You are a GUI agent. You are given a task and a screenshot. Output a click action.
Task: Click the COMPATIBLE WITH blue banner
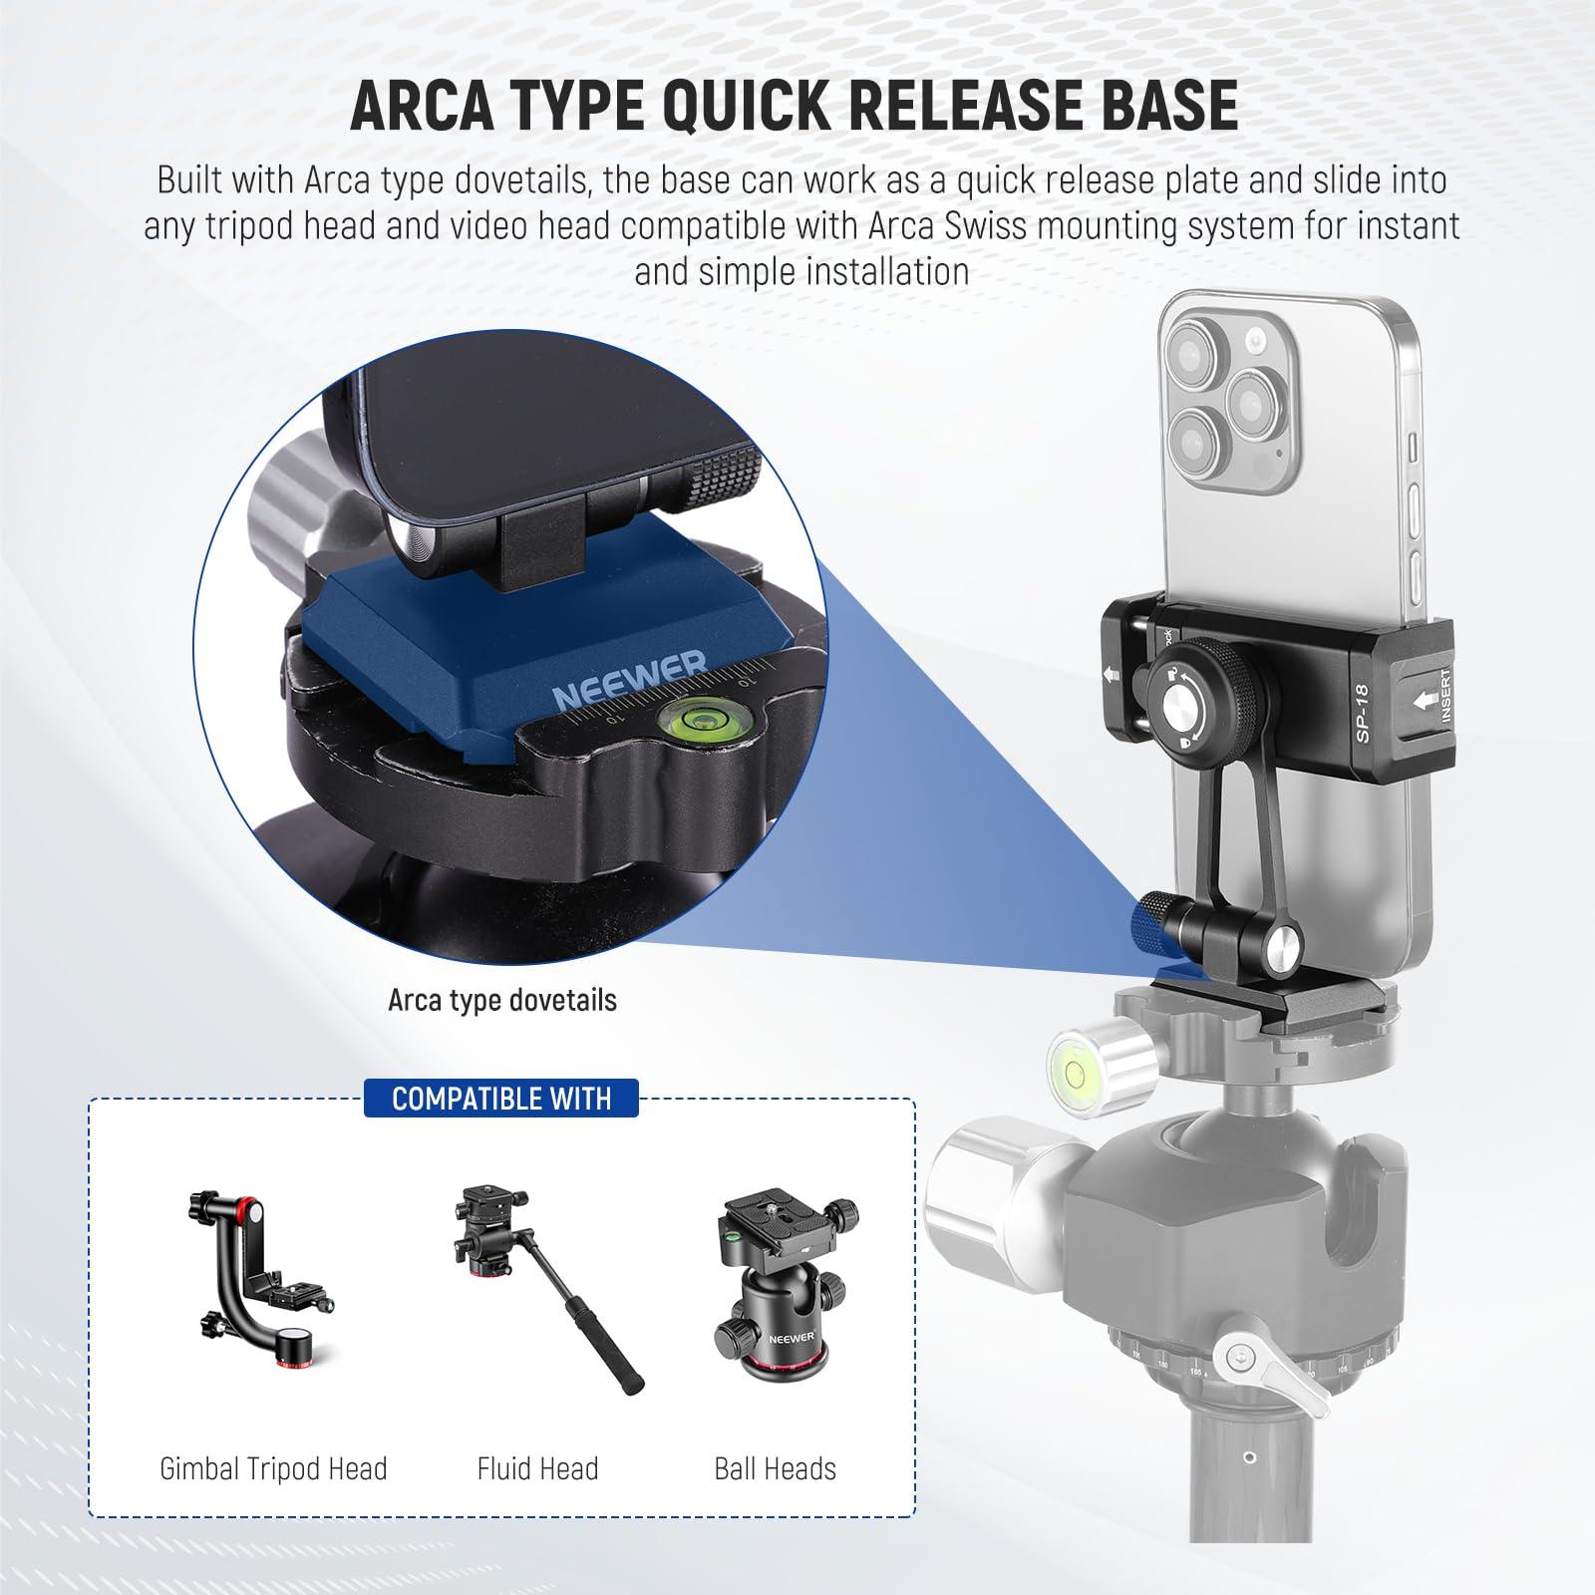point(501,1099)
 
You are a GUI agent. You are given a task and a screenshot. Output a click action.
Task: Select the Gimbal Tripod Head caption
point(273,1468)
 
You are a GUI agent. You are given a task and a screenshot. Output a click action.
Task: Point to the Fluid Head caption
point(537,1468)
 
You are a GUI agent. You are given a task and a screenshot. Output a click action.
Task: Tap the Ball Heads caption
point(775,1468)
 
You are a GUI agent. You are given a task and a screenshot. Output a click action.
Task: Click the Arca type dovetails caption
point(502,1000)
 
